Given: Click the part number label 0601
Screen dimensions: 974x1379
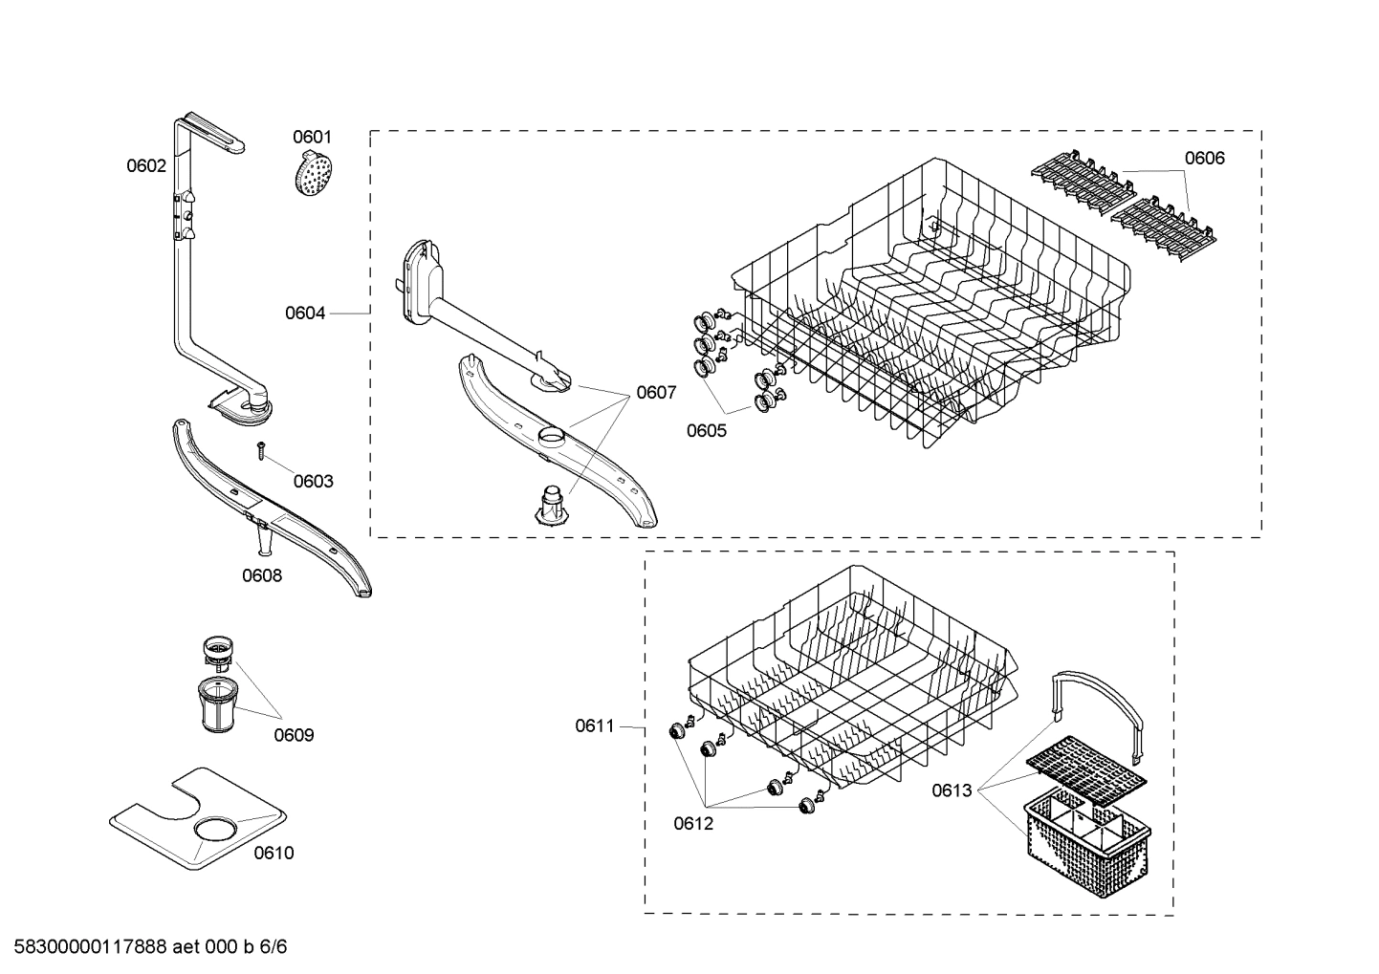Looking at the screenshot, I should [312, 138].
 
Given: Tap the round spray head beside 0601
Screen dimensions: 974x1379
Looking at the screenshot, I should [314, 175].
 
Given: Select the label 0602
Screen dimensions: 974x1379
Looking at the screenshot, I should [146, 166].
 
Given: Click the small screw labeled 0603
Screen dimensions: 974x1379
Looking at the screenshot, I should [259, 449].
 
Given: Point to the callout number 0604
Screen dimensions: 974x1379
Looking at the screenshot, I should [305, 314].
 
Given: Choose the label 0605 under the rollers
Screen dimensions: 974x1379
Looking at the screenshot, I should [706, 431].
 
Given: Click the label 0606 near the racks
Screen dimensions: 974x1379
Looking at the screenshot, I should [1204, 159].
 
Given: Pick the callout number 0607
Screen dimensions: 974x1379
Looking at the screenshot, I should [656, 393].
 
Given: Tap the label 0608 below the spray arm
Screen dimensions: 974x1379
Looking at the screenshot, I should [261, 576].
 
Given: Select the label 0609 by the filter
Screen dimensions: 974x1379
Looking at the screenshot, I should [294, 736].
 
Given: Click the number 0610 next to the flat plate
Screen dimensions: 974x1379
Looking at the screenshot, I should [274, 854].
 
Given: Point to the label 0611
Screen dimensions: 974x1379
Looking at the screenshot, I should [595, 726].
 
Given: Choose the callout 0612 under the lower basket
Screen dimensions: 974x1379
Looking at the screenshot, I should [692, 824].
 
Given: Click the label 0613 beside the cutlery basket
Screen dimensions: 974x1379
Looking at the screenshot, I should [952, 790].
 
